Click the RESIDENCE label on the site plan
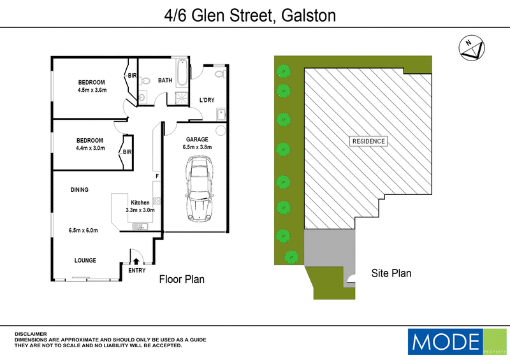tap(369, 141)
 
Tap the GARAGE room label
tap(196, 140)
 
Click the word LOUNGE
tap(85, 260)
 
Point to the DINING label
tap(79, 189)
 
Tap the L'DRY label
tap(207, 100)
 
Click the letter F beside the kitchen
tap(156, 175)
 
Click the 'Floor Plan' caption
tap(182, 279)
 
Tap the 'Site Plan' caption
tap(391, 273)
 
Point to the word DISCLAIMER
tap(30, 333)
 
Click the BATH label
tap(165, 81)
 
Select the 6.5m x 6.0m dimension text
tap(84, 230)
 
